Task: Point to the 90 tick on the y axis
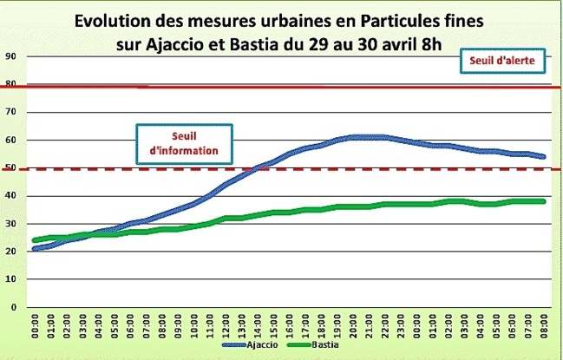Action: click(12, 56)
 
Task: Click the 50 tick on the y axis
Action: click(12, 167)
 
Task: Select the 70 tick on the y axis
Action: click(12, 112)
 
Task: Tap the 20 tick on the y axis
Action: click(12, 252)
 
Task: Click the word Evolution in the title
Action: click(112, 19)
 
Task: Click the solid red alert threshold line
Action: click(347, 87)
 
